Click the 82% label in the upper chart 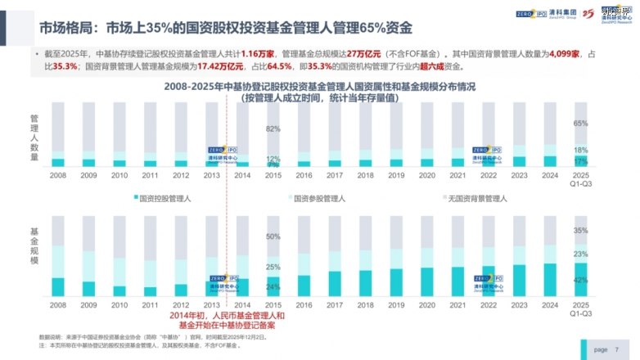[273, 128]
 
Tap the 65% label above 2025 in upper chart [580, 124]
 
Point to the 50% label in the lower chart [273, 237]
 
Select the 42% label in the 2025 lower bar [580, 280]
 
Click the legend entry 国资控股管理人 [164, 198]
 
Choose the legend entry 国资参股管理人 [320, 198]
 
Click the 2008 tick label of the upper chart [58, 175]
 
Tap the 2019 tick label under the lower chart [396, 304]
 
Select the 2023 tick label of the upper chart [519, 175]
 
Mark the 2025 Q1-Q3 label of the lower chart [580, 308]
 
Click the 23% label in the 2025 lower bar [580, 254]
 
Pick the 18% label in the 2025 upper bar [580, 151]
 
